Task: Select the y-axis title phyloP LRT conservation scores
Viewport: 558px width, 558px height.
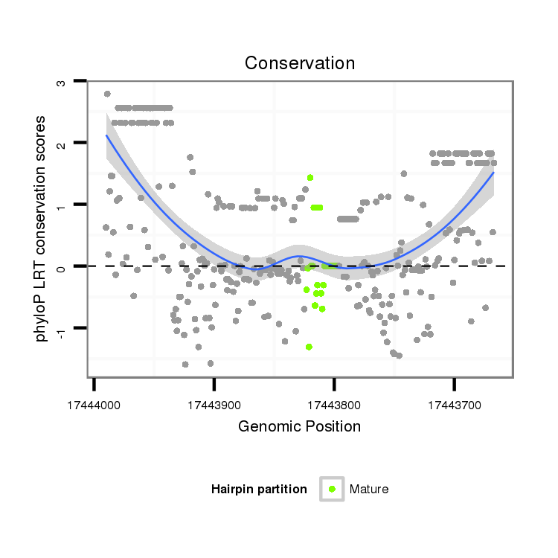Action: [42, 228]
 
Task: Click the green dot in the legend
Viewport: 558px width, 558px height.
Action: [332, 489]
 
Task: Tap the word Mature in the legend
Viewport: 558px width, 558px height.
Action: [369, 489]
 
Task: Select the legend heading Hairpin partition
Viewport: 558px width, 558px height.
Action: [259, 489]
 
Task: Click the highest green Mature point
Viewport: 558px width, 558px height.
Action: [310, 177]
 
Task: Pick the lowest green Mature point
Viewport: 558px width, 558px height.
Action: [309, 347]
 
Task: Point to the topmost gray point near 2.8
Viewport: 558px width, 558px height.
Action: [107, 94]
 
